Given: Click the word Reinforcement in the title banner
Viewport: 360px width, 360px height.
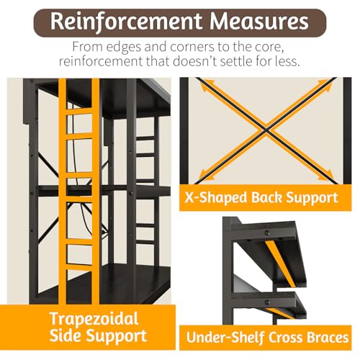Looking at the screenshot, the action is [x=126, y=22].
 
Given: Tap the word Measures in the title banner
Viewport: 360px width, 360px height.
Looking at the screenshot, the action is [x=259, y=22].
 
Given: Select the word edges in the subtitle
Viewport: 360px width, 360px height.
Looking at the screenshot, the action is [x=124, y=47].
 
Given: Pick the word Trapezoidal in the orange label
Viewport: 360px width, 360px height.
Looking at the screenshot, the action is [x=94, y=320].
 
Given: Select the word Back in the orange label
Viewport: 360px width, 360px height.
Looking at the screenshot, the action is [x=266, y=198].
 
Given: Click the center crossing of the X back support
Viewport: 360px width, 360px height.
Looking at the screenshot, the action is [x=266, y=130].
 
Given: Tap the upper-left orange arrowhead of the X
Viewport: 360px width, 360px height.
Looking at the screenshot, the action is [x=204, y=87].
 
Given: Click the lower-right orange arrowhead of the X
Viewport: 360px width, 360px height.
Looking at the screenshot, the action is [x=327, y=175].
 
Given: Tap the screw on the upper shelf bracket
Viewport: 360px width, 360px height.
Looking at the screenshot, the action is [x=267, y=233].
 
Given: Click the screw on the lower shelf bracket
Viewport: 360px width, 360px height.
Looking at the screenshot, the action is [x=267, y=302].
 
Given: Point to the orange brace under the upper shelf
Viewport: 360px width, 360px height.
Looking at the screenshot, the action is [x=280, y=264].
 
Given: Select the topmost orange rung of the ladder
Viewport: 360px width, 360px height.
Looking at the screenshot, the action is [x=79, y=112].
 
